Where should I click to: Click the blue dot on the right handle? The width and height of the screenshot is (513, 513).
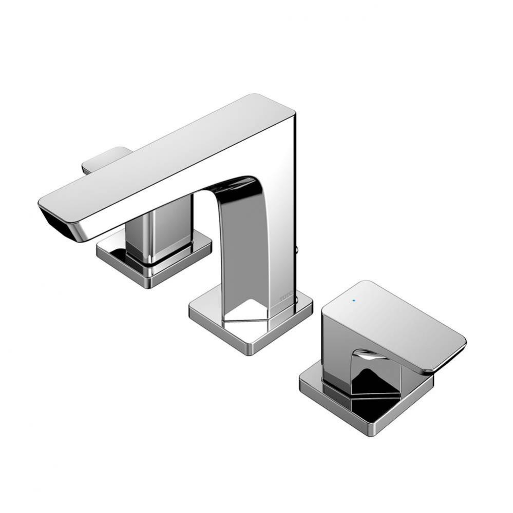click(354, 299)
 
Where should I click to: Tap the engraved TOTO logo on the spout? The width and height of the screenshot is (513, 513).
click(286, 297)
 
